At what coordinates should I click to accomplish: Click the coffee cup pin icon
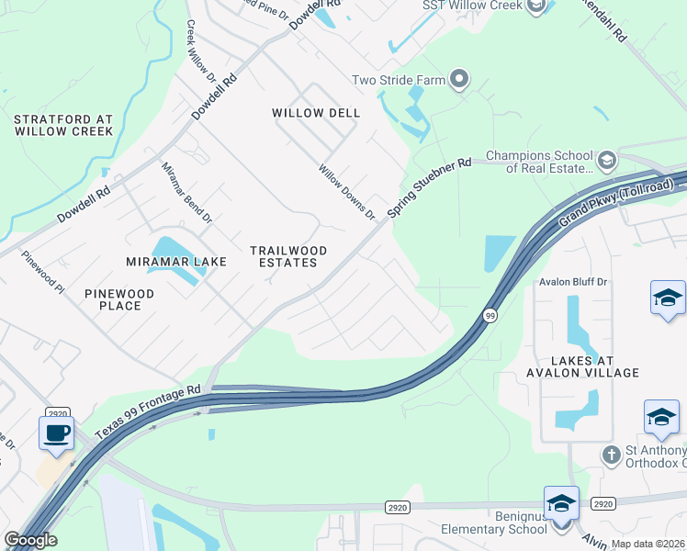point(56,432)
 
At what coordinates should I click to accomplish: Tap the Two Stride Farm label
point(399,80)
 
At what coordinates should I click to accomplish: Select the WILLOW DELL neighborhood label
point(316,113)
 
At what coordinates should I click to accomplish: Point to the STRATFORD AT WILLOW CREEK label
point(63,125)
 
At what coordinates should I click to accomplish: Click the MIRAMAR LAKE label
point(176,262)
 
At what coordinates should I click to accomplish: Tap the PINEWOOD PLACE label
point(119,299)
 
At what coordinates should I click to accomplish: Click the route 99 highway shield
point(490,315)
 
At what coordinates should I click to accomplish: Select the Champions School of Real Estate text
point(537,162)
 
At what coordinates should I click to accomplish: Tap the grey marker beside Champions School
point(606,162)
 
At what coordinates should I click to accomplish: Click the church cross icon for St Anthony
point(612,455)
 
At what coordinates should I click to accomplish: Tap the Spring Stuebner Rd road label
point(429,187)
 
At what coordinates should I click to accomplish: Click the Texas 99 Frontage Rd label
point(147,410)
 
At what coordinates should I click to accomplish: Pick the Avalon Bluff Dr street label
point(574,283)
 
